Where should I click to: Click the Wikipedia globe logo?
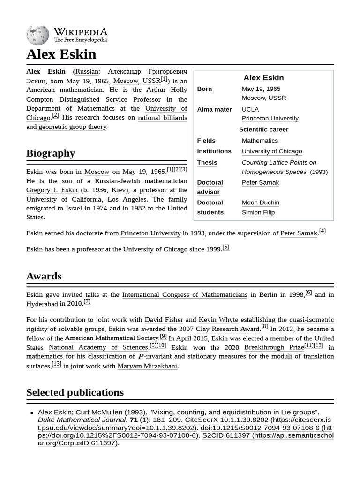click(x=37, y=35)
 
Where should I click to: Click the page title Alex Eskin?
click(x=61, y=54)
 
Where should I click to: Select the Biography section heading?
click(x=51, y=153)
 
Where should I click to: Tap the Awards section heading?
click(x=44, y=276)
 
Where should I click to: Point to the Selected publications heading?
click(x=75, y=392)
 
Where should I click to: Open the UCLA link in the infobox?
click(x=250, y=109)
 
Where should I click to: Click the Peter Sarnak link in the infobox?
click(x=260, y=182)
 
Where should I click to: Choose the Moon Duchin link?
click(x=260, y=202)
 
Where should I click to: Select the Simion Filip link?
click(x=258, y=212)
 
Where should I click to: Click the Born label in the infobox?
click(x=204, y=89)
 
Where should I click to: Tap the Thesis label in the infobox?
click(x=207, y=162)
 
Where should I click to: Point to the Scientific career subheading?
click(x=263, y=129)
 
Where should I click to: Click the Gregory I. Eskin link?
click(x=52, y=190)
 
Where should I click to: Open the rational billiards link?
click(x=162, y=118)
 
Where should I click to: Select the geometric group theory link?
click(x=72, y=127)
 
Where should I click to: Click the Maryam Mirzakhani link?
click(x=147, y=366)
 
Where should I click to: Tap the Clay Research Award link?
click(x=227, y=329)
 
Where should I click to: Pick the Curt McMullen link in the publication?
click(x=99, y=412)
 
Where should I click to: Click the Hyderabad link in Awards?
click(x=42, y=304)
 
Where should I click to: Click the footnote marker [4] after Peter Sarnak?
click(x=322, y=231)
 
